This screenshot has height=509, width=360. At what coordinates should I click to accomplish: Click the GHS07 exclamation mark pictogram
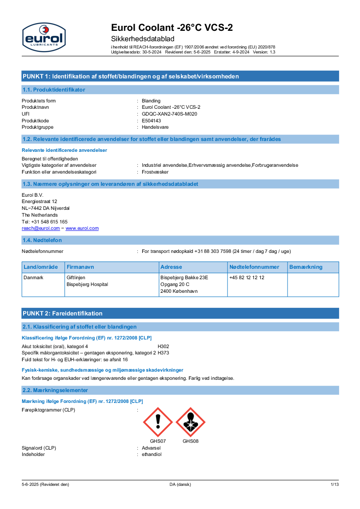158,422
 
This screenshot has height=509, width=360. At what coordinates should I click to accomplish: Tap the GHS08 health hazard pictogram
190,422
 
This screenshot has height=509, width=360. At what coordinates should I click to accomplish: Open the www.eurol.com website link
82,228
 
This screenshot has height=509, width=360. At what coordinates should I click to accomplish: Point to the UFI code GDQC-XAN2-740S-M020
170,114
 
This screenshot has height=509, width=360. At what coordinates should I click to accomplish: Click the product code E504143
151,121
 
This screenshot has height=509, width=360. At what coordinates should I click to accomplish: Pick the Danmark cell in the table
34,277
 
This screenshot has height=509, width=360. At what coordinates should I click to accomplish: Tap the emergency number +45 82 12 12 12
247,277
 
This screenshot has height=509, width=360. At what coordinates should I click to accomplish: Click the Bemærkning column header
306,267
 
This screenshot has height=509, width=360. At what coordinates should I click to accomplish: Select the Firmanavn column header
80,267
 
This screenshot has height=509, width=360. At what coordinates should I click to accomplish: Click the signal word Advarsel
151,448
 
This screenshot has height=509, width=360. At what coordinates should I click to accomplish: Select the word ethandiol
151,454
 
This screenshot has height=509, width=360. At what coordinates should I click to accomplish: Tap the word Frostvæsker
155,172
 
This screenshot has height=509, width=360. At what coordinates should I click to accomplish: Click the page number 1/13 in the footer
335,485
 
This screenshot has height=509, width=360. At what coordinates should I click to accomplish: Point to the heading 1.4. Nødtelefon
42,240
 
